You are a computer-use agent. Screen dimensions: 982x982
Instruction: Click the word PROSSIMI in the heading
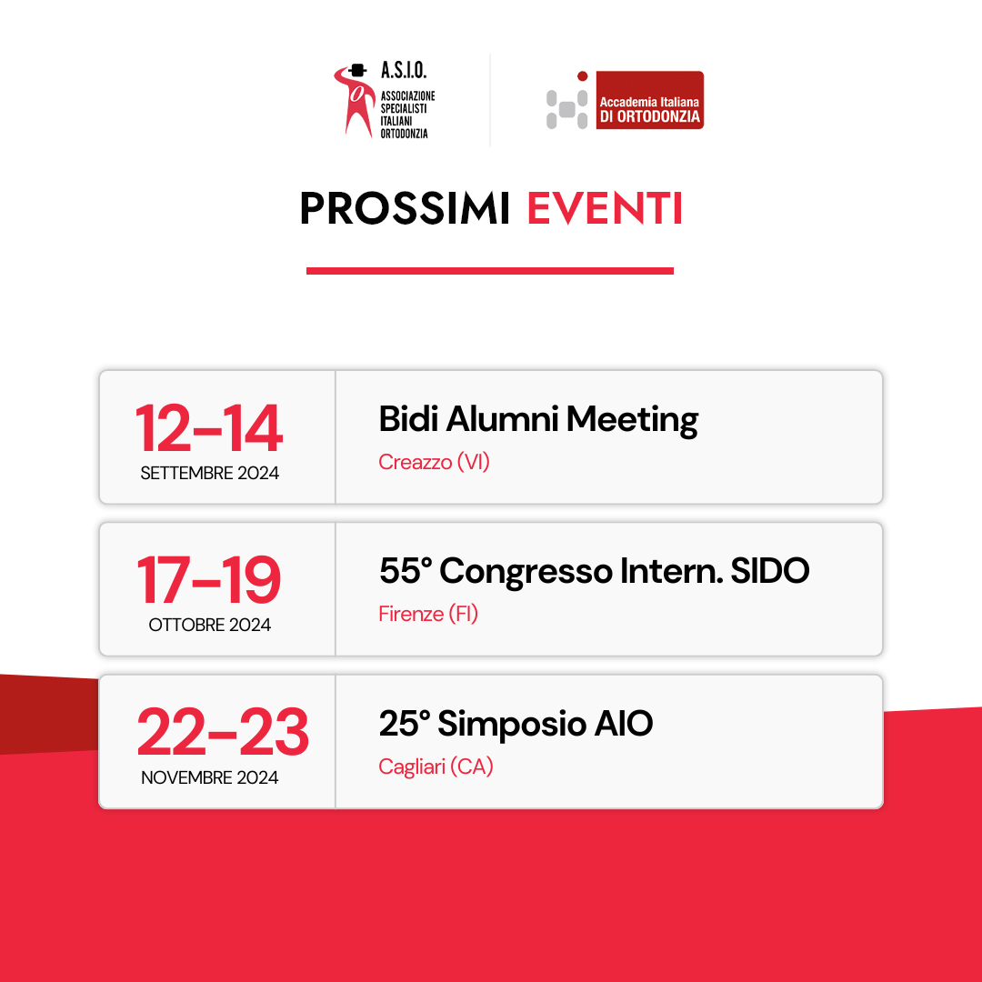(x=405, y=208)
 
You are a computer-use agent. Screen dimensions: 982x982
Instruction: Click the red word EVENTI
(x=605, y=208)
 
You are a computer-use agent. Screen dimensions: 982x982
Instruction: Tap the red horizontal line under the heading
(x=490, y=271)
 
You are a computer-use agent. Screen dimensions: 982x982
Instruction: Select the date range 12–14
(x=209, y=428)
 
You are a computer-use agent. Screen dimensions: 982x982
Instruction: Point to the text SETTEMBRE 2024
(x=210, y=474)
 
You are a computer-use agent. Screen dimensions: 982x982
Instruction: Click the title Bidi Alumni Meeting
(x=538, y=419)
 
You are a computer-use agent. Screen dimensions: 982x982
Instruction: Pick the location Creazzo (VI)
(x=434, y=462)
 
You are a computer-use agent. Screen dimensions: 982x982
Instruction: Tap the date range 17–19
(x=209, y=580)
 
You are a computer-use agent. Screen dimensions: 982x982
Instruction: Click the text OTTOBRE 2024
(x=210, y=625)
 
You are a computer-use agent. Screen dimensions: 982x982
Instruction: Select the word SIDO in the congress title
(x=770, y=570)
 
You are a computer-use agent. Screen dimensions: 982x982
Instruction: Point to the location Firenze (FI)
(x=428, y=614)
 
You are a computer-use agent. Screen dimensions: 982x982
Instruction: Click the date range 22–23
(x=223, y=732)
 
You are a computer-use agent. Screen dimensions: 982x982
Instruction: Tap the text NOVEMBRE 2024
(x=210, y=777)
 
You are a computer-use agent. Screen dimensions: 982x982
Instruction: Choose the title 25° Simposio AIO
(x=516, y=724)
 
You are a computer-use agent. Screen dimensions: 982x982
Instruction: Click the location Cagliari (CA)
(x=436, y=767)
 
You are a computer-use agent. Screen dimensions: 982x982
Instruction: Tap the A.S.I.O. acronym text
(x=404, y=70)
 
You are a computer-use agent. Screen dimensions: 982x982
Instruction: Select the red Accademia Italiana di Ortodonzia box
(x=649, y=100)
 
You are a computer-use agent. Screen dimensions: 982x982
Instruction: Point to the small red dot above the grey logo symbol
(x=583, y=76)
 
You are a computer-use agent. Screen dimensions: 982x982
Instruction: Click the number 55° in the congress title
(x=406, y=570)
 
